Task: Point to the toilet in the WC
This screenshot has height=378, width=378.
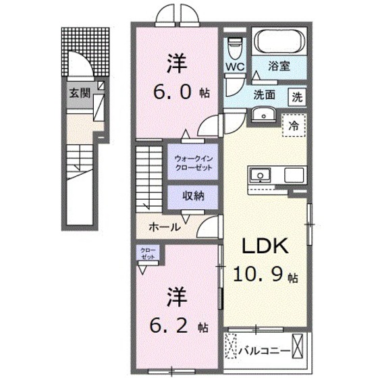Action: [234, 47]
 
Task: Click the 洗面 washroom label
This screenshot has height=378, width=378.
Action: [265, 95]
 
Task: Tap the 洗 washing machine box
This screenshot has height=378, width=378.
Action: [297, 96]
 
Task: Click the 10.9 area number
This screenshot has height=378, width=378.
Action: [260, 275]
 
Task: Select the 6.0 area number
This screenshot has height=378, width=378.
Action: [174, 91]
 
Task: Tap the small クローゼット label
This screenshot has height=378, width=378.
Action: [148, 254]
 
